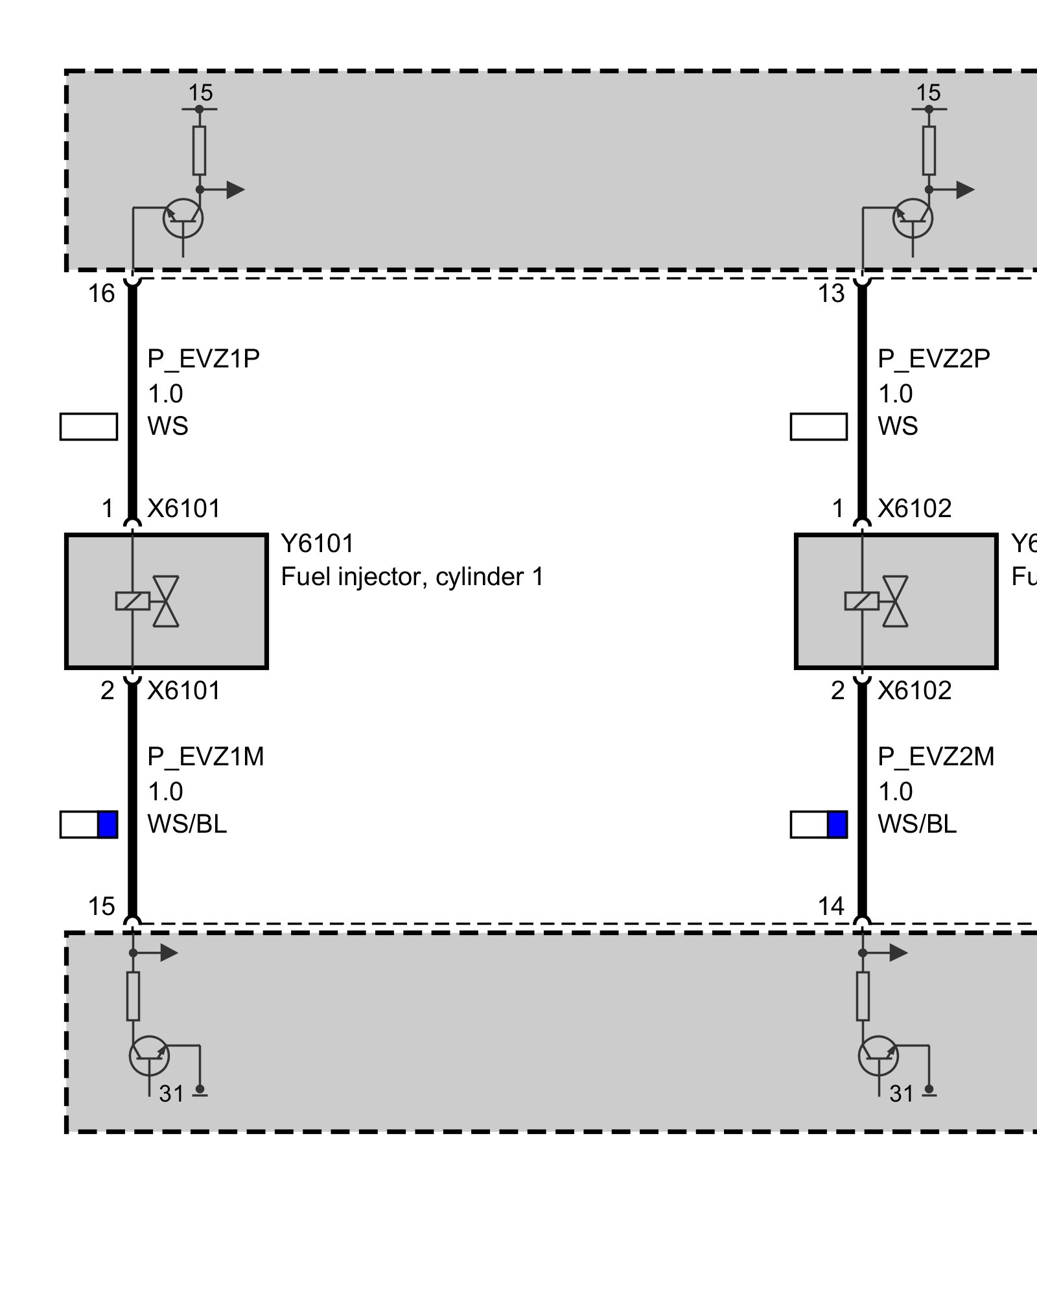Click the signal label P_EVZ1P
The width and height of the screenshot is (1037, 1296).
point(204,358)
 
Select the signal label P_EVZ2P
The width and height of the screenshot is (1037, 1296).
point(934,358)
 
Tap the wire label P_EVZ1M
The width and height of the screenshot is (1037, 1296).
point(205,756)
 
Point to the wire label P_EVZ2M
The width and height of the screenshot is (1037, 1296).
point(936,756)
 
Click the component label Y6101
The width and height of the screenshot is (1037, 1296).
point(318,544)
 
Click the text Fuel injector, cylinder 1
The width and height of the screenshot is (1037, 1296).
point(412,576)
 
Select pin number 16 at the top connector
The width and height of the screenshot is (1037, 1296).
point(101,294)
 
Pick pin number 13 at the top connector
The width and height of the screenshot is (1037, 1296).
point(831,294)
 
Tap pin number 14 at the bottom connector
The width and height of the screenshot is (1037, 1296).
point(831,906)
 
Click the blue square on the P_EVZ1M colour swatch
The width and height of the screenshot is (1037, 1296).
point(107,824)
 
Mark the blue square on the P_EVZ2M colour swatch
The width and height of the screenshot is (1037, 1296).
point(837,824)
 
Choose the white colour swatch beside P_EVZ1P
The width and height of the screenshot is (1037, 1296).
point(89,427)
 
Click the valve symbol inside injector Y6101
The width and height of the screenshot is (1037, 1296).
point(166,601)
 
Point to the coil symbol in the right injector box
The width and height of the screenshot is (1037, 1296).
point(862,601)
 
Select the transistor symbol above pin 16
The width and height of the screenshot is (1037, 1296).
point(183,219)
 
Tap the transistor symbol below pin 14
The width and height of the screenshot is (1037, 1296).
point(879,1056)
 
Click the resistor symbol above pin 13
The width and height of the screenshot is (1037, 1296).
point(929,150)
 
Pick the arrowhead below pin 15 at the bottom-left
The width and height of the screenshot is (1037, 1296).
point(169,953)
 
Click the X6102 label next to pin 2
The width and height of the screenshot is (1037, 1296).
point(915,691)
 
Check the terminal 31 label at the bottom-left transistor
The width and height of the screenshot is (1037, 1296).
point(172,1094)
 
